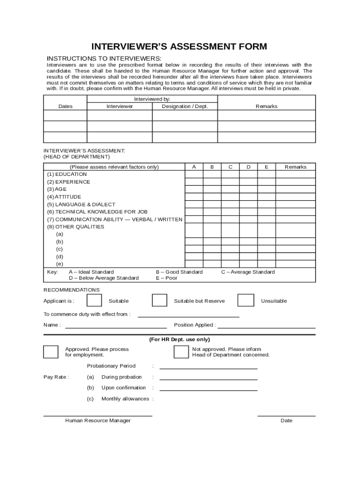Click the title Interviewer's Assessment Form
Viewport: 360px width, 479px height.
179,47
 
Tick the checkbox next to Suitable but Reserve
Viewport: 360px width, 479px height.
159,300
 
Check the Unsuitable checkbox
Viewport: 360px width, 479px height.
245,300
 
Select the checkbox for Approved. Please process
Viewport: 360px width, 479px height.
50,352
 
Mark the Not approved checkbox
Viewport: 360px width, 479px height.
181,352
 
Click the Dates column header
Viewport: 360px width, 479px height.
65,106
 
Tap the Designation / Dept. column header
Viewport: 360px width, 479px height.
185,106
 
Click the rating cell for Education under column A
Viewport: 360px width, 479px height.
194,174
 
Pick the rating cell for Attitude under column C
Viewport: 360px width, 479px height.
230,197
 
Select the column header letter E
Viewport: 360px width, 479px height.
266,167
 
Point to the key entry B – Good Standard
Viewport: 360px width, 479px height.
179,272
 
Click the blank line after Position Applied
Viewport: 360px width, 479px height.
266,326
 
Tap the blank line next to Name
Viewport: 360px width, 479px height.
116,326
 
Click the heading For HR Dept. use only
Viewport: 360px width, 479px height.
180,340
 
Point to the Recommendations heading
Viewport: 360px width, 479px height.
72,290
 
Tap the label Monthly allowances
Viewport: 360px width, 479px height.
125,399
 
